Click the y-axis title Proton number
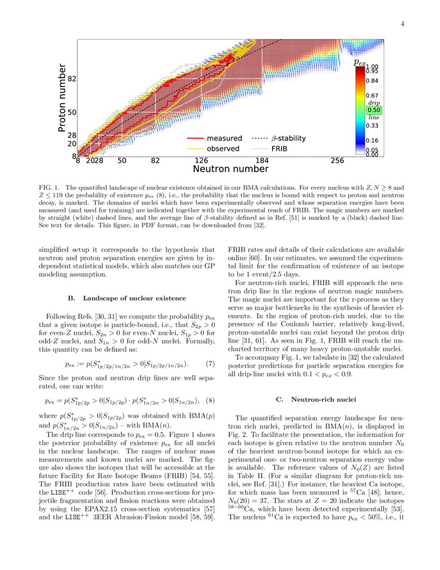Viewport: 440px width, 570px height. point(63,98)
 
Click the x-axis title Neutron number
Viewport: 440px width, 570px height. point(230,169)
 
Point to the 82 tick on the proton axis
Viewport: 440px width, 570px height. point(72,79)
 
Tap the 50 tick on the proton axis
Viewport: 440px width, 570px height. point(72,112)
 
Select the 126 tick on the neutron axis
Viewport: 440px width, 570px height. point(201,161)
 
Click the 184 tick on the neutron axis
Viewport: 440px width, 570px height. point(262,161)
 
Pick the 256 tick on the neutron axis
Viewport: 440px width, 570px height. point(337,161)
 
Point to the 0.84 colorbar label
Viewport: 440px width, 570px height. point(373,80)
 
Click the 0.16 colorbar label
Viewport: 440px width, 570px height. point(373,140)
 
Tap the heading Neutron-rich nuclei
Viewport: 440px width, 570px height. point(321,400)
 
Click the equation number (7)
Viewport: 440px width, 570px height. point(210,364)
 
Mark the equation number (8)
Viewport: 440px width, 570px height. point(210,400)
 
